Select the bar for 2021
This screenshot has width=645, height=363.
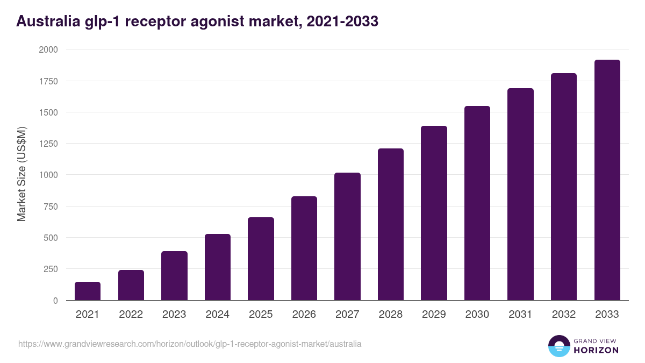pyautogui.click(x=88, y=291)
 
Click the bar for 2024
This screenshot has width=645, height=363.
pyautogui.click(x=218, y=267)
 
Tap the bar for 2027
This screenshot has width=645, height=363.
pyautogui.click(x=347, y=237)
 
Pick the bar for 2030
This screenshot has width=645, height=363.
pyautogui.click(x=477, y=203)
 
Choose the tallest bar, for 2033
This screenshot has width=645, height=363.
pyautogui.click(x=607, y=180)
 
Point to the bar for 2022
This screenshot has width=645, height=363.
pyautogui.click(x=131, y=285)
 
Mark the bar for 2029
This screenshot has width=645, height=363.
pyautogui.click(x=434, y=213)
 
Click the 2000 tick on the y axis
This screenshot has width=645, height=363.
pyautogui.click(x=48, y=49)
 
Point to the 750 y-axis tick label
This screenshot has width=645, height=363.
pyautogui.click(x=51, y=207)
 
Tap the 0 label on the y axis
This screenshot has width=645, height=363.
pyautogui.click(x=55, y=301)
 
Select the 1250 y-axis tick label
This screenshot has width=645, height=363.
pyautogui.click(x=48, y=144)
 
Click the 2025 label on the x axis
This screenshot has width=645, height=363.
pyautogui.click(x=261, y=315)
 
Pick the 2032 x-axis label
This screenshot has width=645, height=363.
pyautogui.click(x=564, y=315)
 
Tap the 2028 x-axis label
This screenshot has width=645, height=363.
pyautogui.click(x=391, y=315)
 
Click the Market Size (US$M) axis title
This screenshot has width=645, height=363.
pyautogui.click(x=21, y=175)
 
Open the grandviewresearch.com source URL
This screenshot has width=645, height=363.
pyautogui.click(x=190, y=344)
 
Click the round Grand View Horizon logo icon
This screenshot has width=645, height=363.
pyautogui.click(x=558, y=346)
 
